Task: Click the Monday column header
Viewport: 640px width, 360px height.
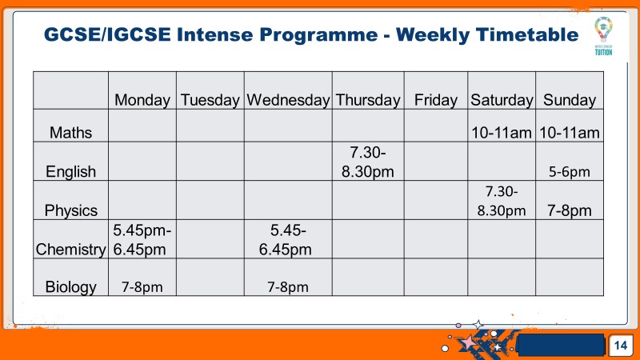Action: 142,101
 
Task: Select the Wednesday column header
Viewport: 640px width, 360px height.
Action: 288,101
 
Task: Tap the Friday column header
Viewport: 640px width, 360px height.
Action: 435,101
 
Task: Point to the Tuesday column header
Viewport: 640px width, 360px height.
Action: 210,101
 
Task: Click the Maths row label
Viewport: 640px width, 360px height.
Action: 70,133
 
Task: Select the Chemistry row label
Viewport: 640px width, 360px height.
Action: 70,250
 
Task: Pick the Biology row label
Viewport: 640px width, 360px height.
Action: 70,287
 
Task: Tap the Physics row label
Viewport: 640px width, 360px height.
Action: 70,210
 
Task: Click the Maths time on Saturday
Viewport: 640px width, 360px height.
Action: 502,133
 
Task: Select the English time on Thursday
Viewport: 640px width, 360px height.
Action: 368,162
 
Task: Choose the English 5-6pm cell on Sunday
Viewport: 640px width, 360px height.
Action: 570,172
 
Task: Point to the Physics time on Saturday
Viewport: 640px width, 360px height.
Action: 502,201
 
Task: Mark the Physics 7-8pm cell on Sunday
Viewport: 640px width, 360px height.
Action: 570,210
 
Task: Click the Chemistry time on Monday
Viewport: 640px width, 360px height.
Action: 142,240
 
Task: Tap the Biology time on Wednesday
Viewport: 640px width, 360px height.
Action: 288,287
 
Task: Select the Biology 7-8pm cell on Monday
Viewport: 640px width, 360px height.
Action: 142,287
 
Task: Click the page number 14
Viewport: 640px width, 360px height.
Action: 621,346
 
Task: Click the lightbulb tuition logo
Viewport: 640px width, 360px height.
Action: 603,36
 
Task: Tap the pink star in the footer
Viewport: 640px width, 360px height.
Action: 468,342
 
